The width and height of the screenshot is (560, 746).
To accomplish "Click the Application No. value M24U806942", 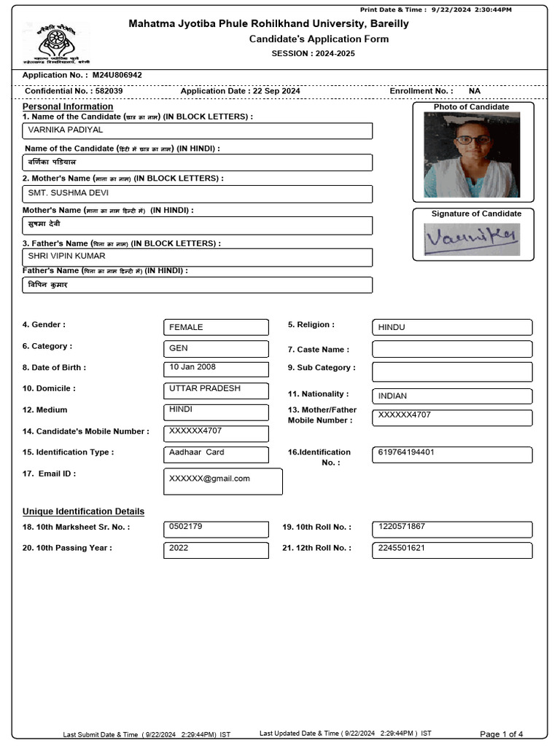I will [x=117, y=75].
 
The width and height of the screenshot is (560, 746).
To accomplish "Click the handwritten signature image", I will [x=472, y=237].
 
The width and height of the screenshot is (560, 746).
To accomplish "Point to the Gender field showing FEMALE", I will [x=216, y=328].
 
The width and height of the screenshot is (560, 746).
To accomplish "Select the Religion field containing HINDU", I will [x=451, y=328].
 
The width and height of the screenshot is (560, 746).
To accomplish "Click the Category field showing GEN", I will [x=216, y=349].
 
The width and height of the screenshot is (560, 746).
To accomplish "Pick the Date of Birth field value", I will [x=216, y=369].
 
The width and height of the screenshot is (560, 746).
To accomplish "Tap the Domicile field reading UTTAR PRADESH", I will [x=216, y=390].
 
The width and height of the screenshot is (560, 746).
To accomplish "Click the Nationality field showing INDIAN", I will [x=451, y=396].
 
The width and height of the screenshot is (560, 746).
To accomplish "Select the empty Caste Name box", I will [x=451, y=349].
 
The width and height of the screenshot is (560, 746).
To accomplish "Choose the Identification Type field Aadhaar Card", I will [x=216, y=454].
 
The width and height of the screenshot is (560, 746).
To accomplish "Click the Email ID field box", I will [x=223, y=481].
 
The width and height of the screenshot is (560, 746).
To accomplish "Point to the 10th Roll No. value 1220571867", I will [x=451, y=527].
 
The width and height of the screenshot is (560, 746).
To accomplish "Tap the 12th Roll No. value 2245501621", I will [x=451, y=549].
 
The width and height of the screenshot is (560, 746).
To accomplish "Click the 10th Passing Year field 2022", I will [x=216, y=549].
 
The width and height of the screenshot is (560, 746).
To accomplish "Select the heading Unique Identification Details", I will [x=83, y=511].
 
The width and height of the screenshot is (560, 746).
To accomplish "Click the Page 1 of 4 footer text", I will [x=501, y=734].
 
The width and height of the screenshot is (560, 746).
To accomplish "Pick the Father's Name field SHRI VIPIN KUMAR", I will [x=198, y=257].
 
